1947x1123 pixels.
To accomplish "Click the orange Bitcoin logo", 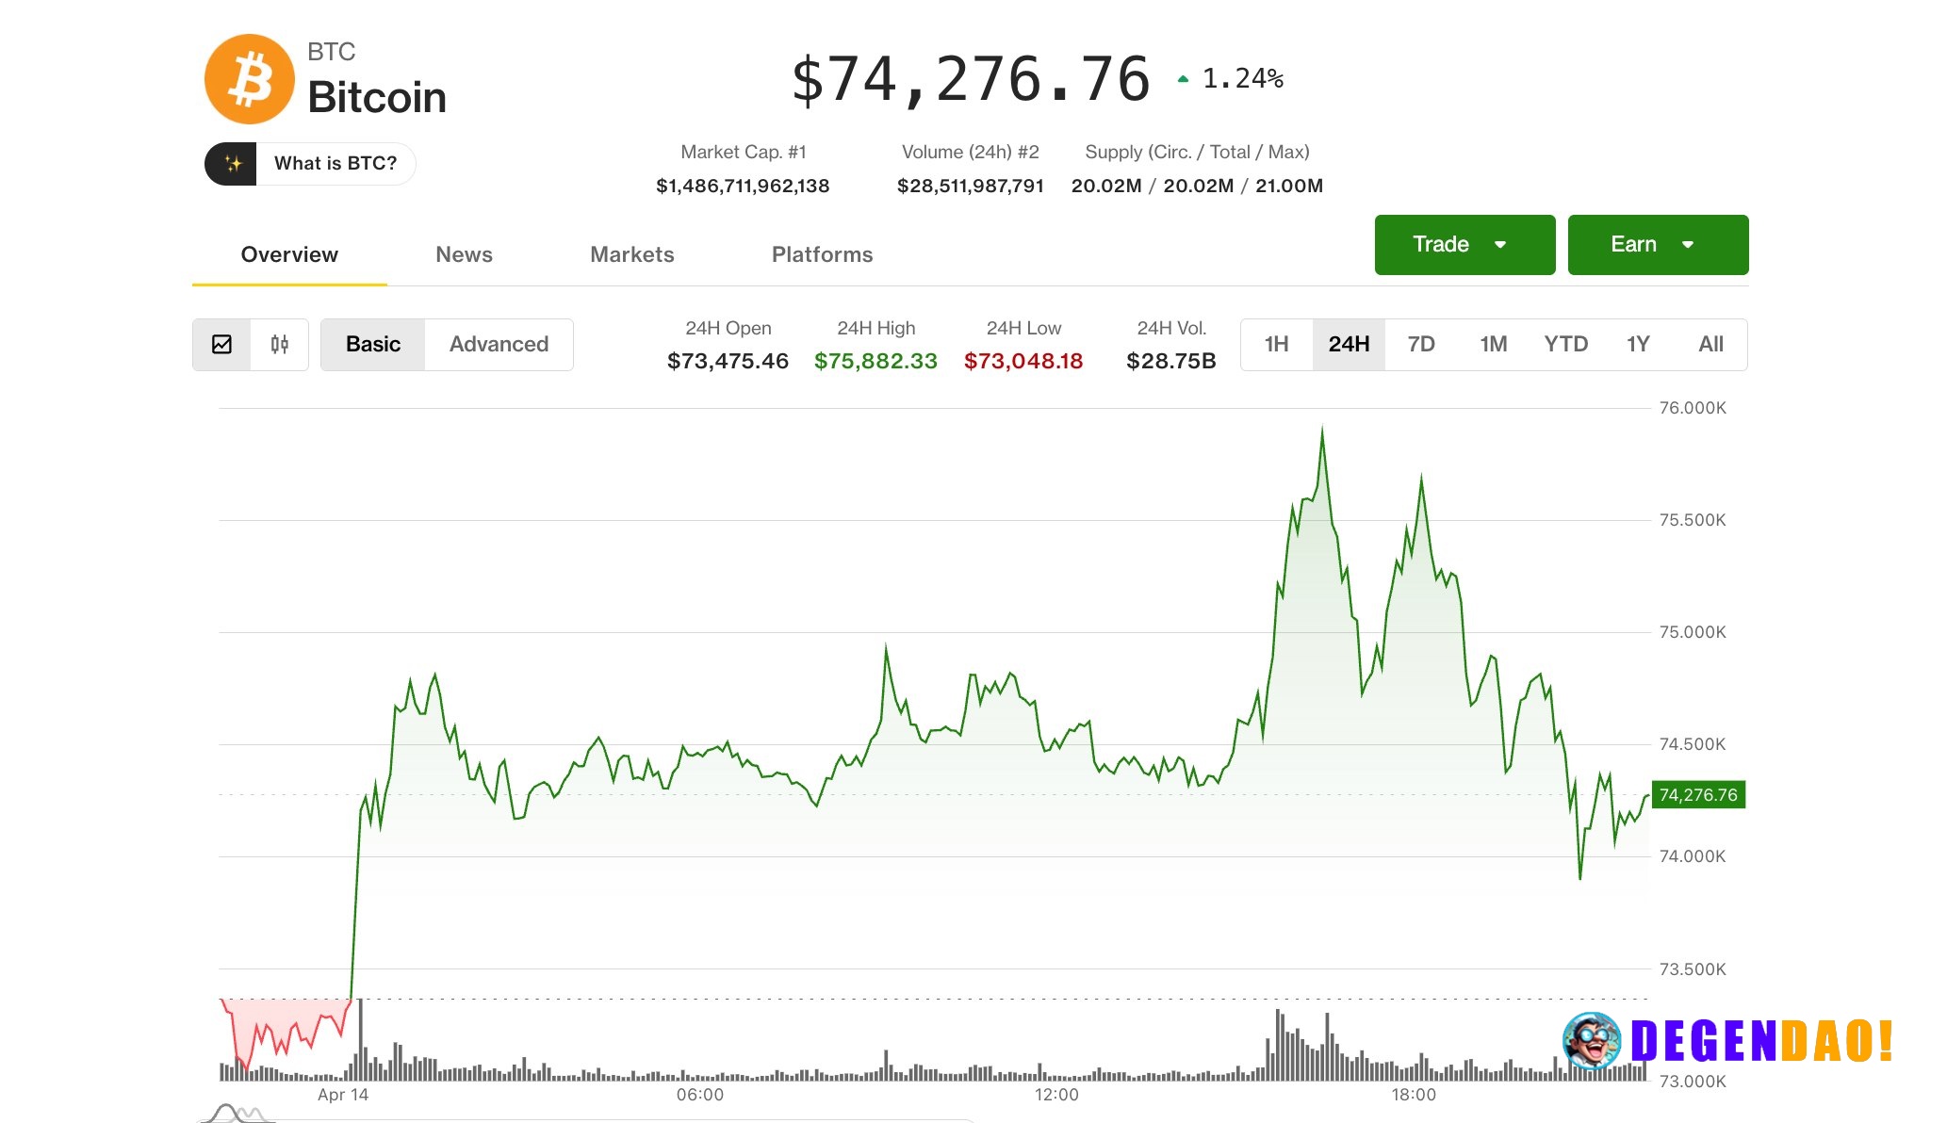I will (250, 79).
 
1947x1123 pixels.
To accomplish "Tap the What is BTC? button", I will (310, 164).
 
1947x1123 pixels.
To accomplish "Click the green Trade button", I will (1464, 245).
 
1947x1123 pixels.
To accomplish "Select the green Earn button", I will (1657, 245).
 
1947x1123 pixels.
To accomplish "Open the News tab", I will (464, 254).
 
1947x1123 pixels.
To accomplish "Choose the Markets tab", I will (631, 254).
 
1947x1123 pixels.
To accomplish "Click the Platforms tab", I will (822, 254).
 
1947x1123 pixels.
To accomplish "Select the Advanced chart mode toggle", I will (499, 345).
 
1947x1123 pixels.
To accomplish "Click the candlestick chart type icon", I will (280, 345).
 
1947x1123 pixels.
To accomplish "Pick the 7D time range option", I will (1420, 345).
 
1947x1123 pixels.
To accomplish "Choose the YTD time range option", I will (1565, 345).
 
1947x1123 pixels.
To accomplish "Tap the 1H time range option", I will (1276, 345).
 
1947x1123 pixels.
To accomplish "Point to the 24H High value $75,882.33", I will (875, 361).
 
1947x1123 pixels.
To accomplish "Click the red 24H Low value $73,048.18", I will (1023, 361).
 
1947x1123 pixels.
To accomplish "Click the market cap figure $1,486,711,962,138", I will (743, 186).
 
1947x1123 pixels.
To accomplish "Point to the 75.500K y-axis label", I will (1692, 520).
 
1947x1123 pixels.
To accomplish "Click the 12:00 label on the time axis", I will (1055, 1095).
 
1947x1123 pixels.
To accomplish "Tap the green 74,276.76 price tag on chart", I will (1697, 795).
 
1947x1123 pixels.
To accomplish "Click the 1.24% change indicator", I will (1241, 79).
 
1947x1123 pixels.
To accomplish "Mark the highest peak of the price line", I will (1322, 430).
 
